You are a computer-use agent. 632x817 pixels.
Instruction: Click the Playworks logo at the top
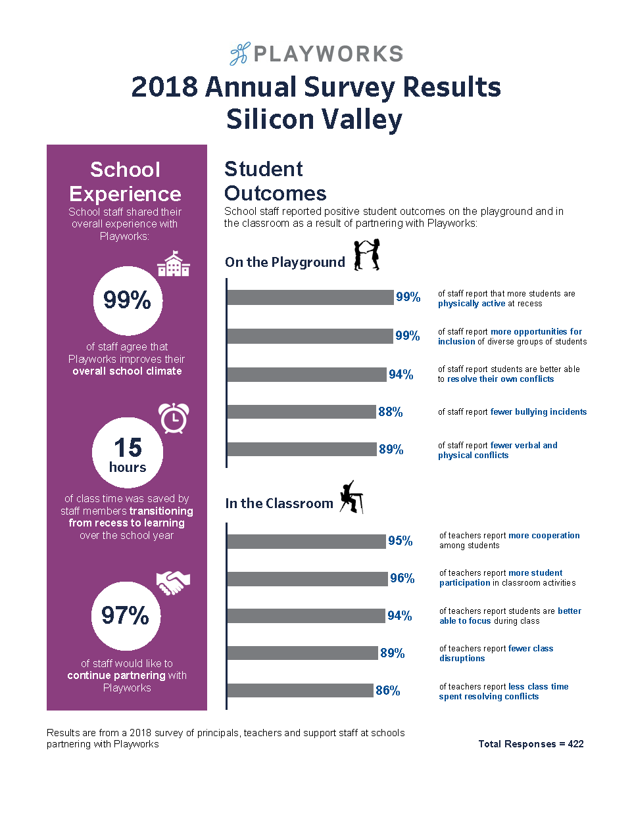point(316,54)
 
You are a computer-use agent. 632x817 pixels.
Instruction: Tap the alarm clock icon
point(174,418)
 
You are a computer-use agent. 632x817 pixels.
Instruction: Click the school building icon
point(174,264)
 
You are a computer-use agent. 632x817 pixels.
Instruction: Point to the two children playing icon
point(367,255)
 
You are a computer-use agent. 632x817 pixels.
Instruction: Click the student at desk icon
point(351,497)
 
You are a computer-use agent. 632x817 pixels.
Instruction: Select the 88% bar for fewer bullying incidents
point(301,412)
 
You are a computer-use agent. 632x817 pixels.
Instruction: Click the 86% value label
point(388,691)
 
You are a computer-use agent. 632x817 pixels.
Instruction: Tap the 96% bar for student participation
point(307,578)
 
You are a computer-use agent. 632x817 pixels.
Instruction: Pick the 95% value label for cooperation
point(401,541)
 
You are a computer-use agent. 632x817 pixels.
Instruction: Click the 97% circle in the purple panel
point(126,616)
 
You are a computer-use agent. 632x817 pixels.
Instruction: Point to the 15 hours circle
point(128,453)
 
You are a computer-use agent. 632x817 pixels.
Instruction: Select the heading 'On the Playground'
point(285,262)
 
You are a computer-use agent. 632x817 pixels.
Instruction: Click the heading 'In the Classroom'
point(279,503)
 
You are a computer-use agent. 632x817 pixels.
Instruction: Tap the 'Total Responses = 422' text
point(531,744)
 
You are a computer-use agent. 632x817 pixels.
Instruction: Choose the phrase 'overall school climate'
point(127,371)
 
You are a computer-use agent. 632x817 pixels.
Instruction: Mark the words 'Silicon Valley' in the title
point(314,120)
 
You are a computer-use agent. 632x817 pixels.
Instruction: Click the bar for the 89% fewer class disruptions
point(303,653)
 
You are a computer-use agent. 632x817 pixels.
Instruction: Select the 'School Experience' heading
point(125,181)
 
